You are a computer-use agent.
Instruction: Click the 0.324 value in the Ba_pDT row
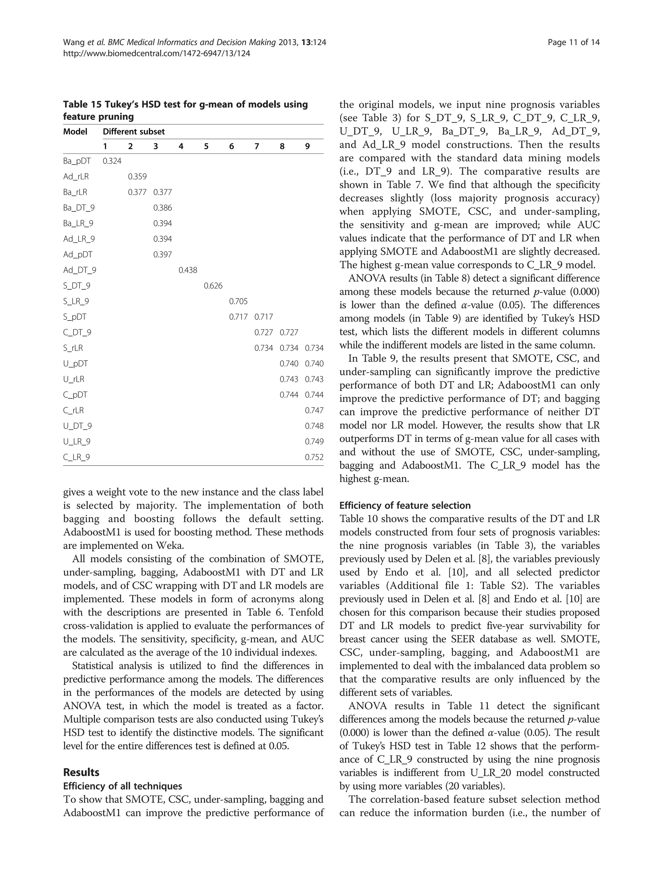[x=112, y=161]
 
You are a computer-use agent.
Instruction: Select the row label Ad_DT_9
[x=80, y=270]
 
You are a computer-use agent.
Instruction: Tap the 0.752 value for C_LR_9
[x=314, y=457]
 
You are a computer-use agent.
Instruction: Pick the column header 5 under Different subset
[x=206, y=146]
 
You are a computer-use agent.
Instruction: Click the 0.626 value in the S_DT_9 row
[x=213, y=286]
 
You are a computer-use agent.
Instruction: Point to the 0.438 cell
[x=188, y=270]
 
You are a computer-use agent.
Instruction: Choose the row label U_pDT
[x=75, y=364]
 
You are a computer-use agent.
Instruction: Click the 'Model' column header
[x=75, y=131]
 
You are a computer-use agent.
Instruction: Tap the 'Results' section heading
[x=81, y=772]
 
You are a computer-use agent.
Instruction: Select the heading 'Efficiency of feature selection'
[x=405, y=506]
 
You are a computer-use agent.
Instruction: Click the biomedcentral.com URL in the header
[x=157, y=53]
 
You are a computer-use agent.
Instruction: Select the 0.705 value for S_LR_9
[x=238, y=301]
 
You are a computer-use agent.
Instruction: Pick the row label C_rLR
[x=73, y=410]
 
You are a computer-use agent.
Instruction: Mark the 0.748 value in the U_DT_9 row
[x=314, y=426]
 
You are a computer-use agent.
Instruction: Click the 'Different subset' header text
[x=134, y=131]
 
